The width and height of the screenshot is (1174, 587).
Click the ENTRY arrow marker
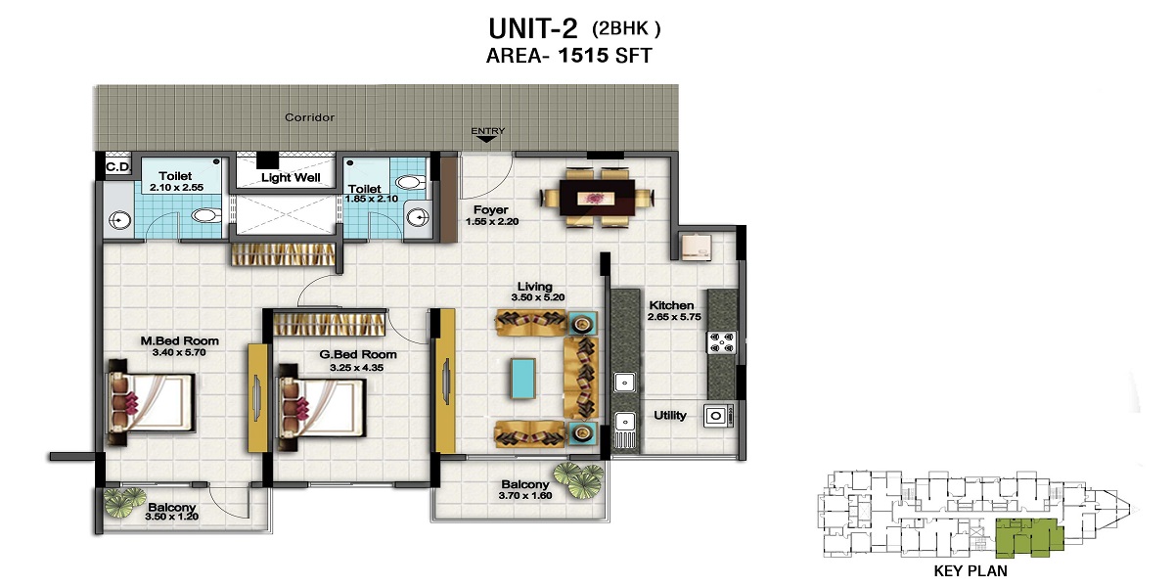click(x=486, y=139)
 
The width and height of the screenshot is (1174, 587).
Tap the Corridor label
click(x=310, y=117)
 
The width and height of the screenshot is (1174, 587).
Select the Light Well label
click(x=291, y=178)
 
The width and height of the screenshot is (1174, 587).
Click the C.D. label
click(x=118, y=167)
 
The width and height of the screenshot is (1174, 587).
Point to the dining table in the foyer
click(x=598, y=198)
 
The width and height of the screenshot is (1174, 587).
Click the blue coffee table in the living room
click(x=523, y=379)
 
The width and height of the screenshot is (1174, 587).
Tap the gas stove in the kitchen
click(x=722, y=342)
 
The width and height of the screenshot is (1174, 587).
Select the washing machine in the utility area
click(x=717, y=416)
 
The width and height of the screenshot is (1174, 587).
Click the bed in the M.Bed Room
click(x=151, y=402)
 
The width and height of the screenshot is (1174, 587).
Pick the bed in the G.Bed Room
click(x=321, y=407)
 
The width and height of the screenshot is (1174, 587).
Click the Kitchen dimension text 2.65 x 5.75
click(x=674, y=317)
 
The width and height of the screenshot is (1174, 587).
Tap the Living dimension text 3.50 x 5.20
click(x=538, y=297)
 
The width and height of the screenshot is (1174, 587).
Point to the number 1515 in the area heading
click(x=583, y=55)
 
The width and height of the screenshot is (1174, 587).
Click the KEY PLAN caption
click(x=971, y=570)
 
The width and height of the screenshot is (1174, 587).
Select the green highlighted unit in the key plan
click(x=1029, y=537)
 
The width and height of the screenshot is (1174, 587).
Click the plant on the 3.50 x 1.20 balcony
click(x=124, y=503)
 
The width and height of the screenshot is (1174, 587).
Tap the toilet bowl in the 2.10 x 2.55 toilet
click(x=206, y=215)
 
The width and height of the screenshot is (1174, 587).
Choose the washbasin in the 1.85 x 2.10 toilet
click(x=418, y=217)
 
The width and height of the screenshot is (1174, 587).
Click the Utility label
click(x=670, y=416)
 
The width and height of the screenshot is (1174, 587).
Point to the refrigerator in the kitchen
click(x=697, y=247)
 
